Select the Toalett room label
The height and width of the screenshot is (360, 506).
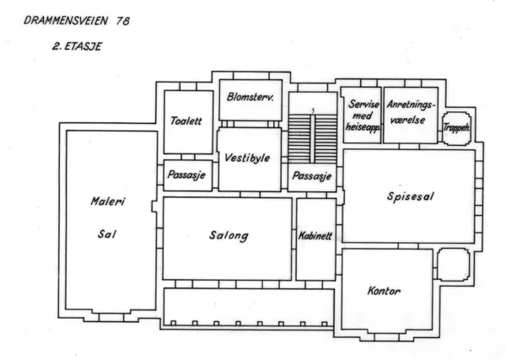coord(186,121)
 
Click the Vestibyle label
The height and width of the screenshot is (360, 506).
coord(247,158)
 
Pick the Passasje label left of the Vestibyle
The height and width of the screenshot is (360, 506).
coord(186,176)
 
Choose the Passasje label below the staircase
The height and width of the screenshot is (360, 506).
coord(311,177)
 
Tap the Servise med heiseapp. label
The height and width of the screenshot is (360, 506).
coord(360,116)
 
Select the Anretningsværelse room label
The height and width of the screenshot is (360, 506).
coord(410,111)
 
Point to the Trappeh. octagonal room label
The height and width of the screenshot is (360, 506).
coord(456,126)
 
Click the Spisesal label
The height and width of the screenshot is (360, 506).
coord(408,196)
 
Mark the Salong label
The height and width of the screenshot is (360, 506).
coord(229,236)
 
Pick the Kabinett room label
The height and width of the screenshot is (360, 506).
coord(315,236)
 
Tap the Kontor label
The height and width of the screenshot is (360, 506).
coord(385,292)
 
